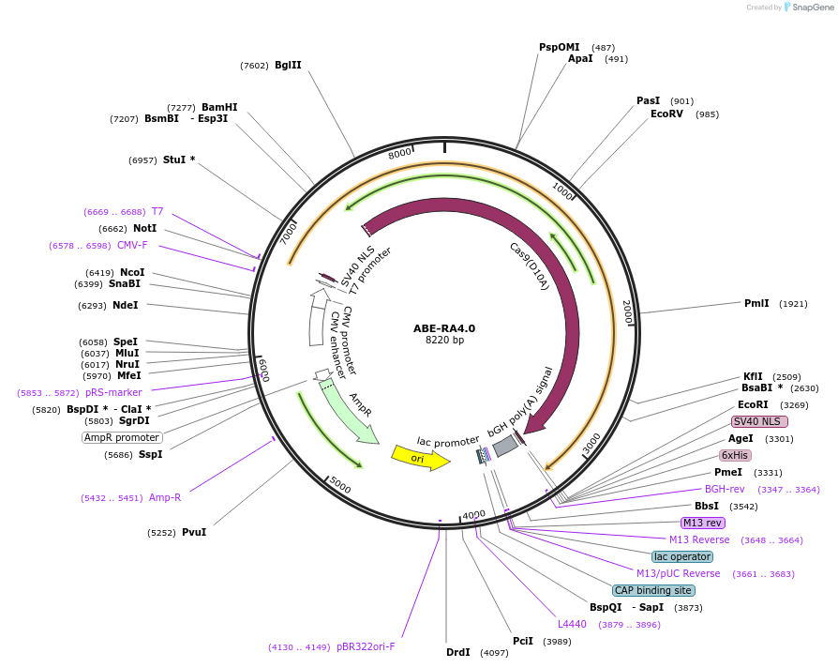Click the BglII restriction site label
pyautogui.click(x=288, y=66)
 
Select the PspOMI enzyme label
pyautogui.click(x=559, y=47)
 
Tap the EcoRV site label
pyautogui.click(x=666, y=114)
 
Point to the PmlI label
pyautogui.click(x=756, y=303)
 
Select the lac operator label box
pyautogui.click(x=682, y=556)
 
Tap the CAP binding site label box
pyautogui.click(x=653, y=590)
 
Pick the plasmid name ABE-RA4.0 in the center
pyautogui.click(x=444, y=328)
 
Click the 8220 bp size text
pyautogui.click(x=444, y=341)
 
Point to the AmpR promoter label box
pyautogui.click(x=122, y=437)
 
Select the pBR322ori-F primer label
pyautogui.click(x=366, y=646)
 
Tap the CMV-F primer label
pyautogui.click(x=132, y=245)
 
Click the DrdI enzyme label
pyautogui.click(x=457, y=652)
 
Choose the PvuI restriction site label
pyautogui.click(x=194, y=532)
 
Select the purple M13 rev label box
pyautogui.click(x=703, y=523)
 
